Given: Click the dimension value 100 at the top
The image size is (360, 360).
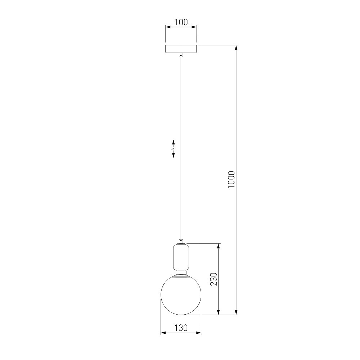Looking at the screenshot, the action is tap(181, 22).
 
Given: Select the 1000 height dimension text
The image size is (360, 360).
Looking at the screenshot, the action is tap(231, 180).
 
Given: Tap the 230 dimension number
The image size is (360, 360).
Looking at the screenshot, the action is tap(213, 279).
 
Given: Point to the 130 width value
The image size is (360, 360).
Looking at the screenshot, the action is tap(181, 328).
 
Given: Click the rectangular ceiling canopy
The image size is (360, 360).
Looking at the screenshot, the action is tap(181, 49).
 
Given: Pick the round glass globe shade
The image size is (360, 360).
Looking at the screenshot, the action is tap(181, 294).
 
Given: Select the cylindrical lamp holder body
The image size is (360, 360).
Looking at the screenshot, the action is tap(181, 257).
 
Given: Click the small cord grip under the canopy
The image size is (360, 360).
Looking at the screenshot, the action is tap(181, 55).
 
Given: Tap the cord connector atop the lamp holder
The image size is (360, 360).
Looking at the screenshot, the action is tap(181, 242).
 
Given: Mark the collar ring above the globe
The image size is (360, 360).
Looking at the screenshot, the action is tap(181, 273).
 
